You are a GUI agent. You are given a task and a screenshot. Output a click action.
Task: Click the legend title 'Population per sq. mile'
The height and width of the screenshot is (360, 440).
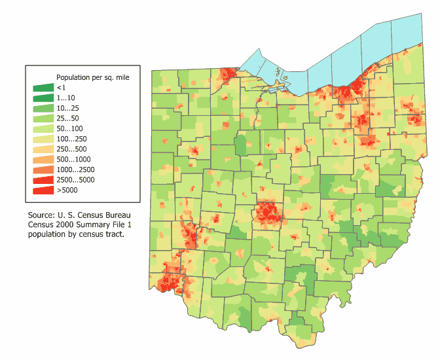click(92, 77)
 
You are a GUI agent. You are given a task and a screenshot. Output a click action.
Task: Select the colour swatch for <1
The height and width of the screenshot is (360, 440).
click(44, 88)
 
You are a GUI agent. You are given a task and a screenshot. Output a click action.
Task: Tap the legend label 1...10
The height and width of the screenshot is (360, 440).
click(65, 98)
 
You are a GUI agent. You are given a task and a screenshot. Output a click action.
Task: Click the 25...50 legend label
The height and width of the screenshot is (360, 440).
click(68, 118)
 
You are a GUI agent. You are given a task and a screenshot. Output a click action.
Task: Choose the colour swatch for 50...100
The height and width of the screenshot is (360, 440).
click(44, 128)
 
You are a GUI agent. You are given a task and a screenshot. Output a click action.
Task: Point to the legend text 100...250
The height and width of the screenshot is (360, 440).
click(71, 139)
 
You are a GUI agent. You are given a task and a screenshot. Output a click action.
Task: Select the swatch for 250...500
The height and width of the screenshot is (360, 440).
click(44, 149)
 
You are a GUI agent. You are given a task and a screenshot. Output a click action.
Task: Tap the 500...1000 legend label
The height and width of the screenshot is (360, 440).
click(73, 159)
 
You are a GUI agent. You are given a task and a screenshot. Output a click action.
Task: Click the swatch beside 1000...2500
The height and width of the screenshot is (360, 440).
click(44, 170)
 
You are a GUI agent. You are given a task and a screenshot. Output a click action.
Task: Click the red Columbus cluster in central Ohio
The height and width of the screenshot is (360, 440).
click(267, 212)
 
